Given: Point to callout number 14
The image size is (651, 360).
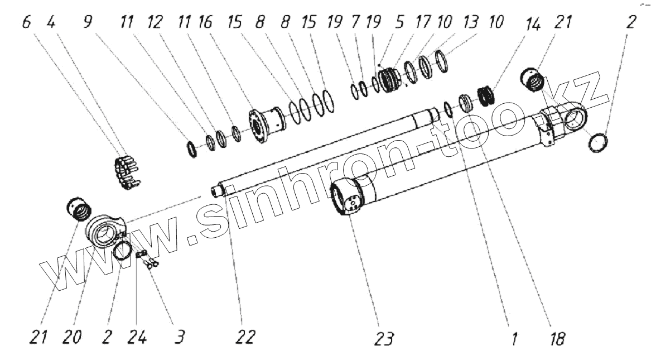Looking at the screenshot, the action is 536,27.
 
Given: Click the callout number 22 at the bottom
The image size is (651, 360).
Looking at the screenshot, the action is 246,337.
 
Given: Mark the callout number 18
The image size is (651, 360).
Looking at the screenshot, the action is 557,338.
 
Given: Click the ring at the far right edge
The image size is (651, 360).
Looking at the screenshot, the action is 597,143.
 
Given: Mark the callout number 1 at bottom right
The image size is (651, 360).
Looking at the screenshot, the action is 514,338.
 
